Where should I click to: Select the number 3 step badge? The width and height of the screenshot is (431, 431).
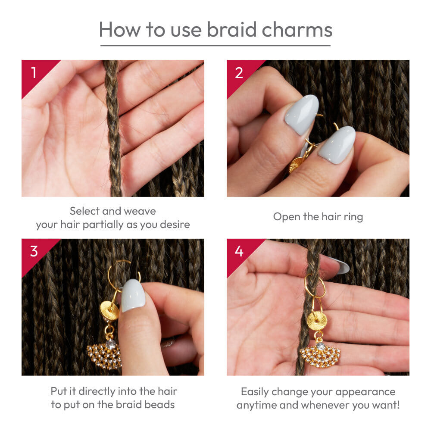33,251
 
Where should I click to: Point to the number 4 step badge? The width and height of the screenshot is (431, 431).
239,251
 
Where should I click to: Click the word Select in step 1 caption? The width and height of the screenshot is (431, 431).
85,211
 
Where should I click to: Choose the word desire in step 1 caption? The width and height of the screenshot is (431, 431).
175,225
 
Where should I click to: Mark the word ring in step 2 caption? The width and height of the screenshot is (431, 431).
353,217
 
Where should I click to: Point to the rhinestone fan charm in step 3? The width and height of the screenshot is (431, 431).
104,355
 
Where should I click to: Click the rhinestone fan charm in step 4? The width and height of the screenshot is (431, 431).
320,356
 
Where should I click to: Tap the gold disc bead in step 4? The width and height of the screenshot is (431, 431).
317,321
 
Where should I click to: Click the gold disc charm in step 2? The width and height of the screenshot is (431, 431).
296,164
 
